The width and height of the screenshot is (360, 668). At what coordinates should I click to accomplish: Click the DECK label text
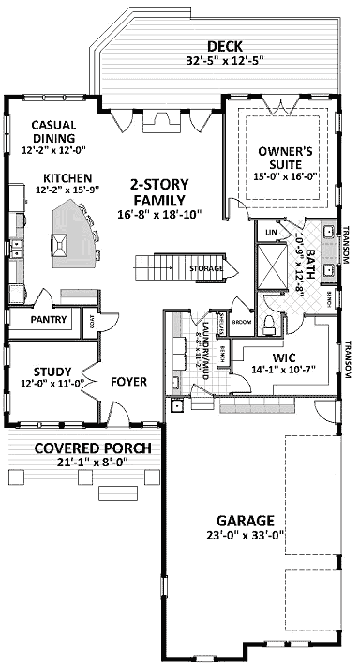pos(225,47)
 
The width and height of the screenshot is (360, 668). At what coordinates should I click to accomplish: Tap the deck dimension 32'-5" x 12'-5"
pos(225,63)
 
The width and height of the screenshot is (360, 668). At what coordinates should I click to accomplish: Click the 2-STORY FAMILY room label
pos(157,192)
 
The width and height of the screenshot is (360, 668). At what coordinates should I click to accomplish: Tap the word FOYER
pos(128,382)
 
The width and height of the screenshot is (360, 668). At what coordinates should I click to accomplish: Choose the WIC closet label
pos(285,357)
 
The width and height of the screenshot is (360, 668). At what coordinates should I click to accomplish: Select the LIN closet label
pos(272,231)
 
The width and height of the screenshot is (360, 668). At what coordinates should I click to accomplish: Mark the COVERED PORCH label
pos(81,448)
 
